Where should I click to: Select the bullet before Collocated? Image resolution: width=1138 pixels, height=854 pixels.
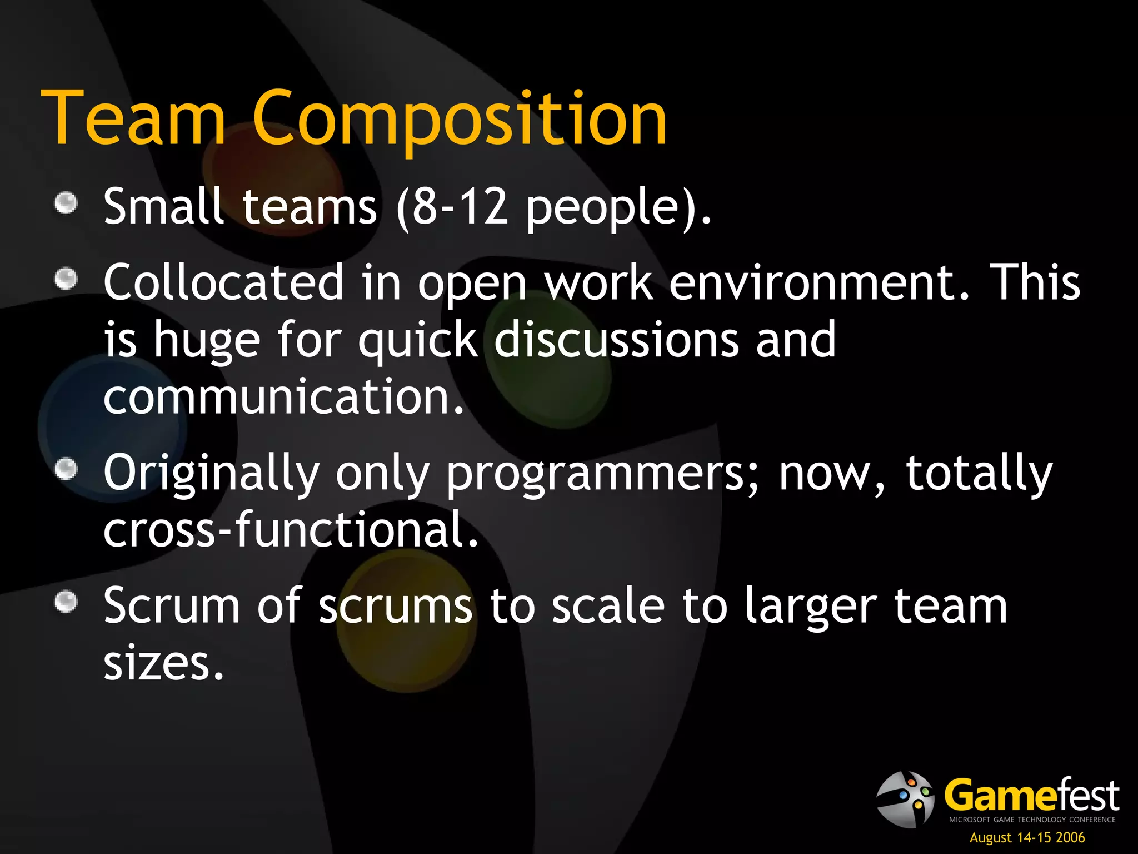(66, 279)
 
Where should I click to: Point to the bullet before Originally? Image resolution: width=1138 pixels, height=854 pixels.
(66, 468)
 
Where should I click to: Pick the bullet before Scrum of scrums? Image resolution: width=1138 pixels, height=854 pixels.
(66, 602)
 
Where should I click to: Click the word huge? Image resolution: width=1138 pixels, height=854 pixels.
(207, 340)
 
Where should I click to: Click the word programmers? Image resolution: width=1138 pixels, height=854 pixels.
(595, 474)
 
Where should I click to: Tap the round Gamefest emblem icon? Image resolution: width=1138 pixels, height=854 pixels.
(905, 799)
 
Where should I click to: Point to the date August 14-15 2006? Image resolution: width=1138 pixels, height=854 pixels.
(1027, 837)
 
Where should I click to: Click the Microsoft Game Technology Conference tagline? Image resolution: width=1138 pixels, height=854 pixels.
(1032, 820)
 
